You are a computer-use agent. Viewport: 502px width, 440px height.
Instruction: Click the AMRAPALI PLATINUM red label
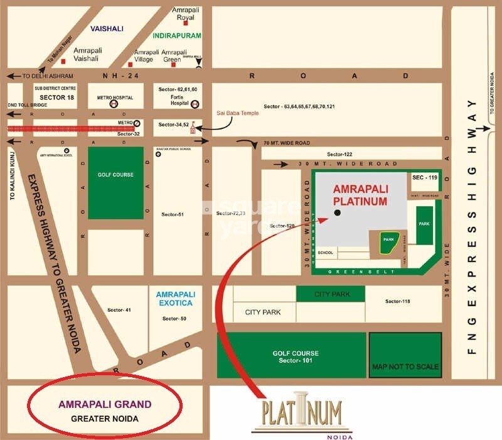coord(360,195)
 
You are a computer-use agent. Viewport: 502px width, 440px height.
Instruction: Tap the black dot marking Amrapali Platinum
coord(338,213)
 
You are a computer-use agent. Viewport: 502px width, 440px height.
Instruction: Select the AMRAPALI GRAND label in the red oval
coord(105,405)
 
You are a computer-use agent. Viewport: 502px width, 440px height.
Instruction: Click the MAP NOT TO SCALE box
coord(405,366)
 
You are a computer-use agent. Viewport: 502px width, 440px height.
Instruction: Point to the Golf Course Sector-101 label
coord(291,357)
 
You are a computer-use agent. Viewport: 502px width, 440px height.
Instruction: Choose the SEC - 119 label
coord(424,178)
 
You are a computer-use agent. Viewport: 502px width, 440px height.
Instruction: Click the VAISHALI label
coord(107,28)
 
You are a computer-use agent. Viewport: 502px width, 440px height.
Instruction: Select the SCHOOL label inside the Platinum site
coord(326,253)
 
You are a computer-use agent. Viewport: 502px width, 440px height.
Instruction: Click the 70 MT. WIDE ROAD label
coord(287,143)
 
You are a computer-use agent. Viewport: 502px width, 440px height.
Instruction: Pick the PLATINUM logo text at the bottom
coord(302,413)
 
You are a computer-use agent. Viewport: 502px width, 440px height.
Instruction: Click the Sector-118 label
coord(397,302)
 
